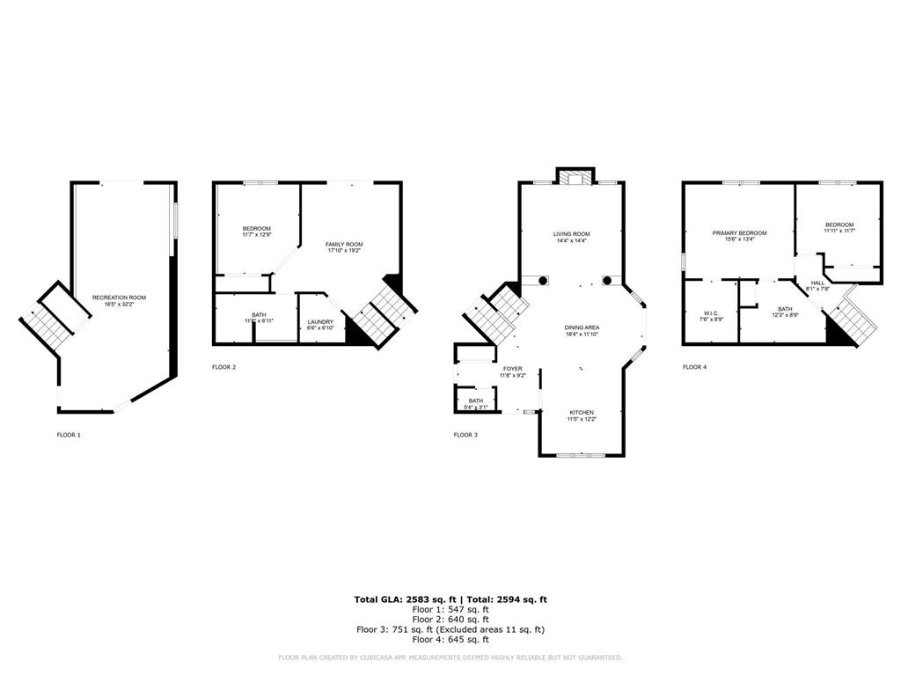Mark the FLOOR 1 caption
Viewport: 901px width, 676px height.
[69, 435]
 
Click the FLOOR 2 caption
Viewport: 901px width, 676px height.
[223, 366]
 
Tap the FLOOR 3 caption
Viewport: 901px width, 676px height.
[465, 435]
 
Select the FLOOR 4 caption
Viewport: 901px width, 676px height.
[694, 366]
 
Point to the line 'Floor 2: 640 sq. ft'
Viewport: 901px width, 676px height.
[450, 619]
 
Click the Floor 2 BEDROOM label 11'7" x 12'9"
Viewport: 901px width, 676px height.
[256, 231]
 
